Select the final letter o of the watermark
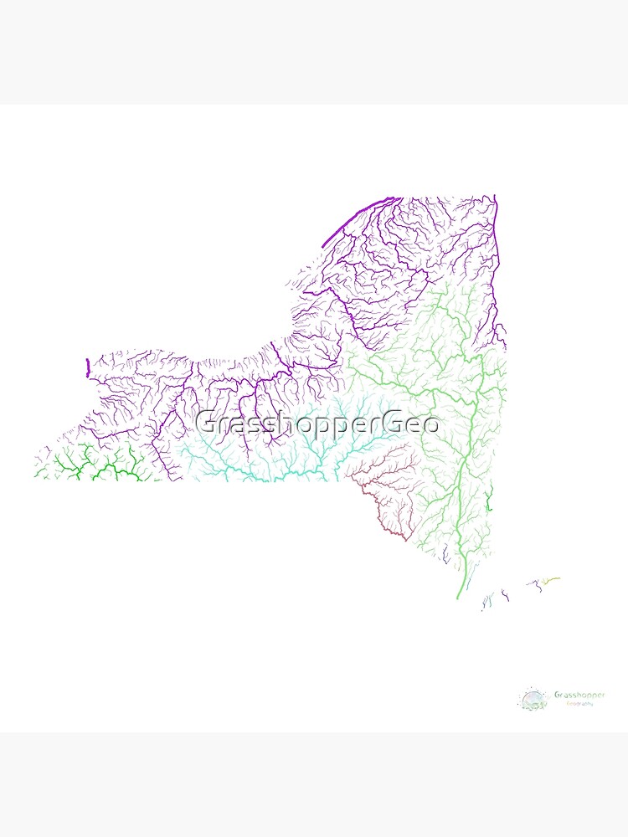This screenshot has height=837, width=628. coord(430,424)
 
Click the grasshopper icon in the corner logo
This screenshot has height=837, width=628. coord(533,699)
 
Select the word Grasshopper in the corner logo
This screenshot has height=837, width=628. coord(579,695)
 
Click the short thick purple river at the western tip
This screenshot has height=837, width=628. coord(88,368)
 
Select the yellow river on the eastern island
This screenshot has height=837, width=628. coord(550,579)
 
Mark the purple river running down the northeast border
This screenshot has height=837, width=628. coord(497,251)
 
